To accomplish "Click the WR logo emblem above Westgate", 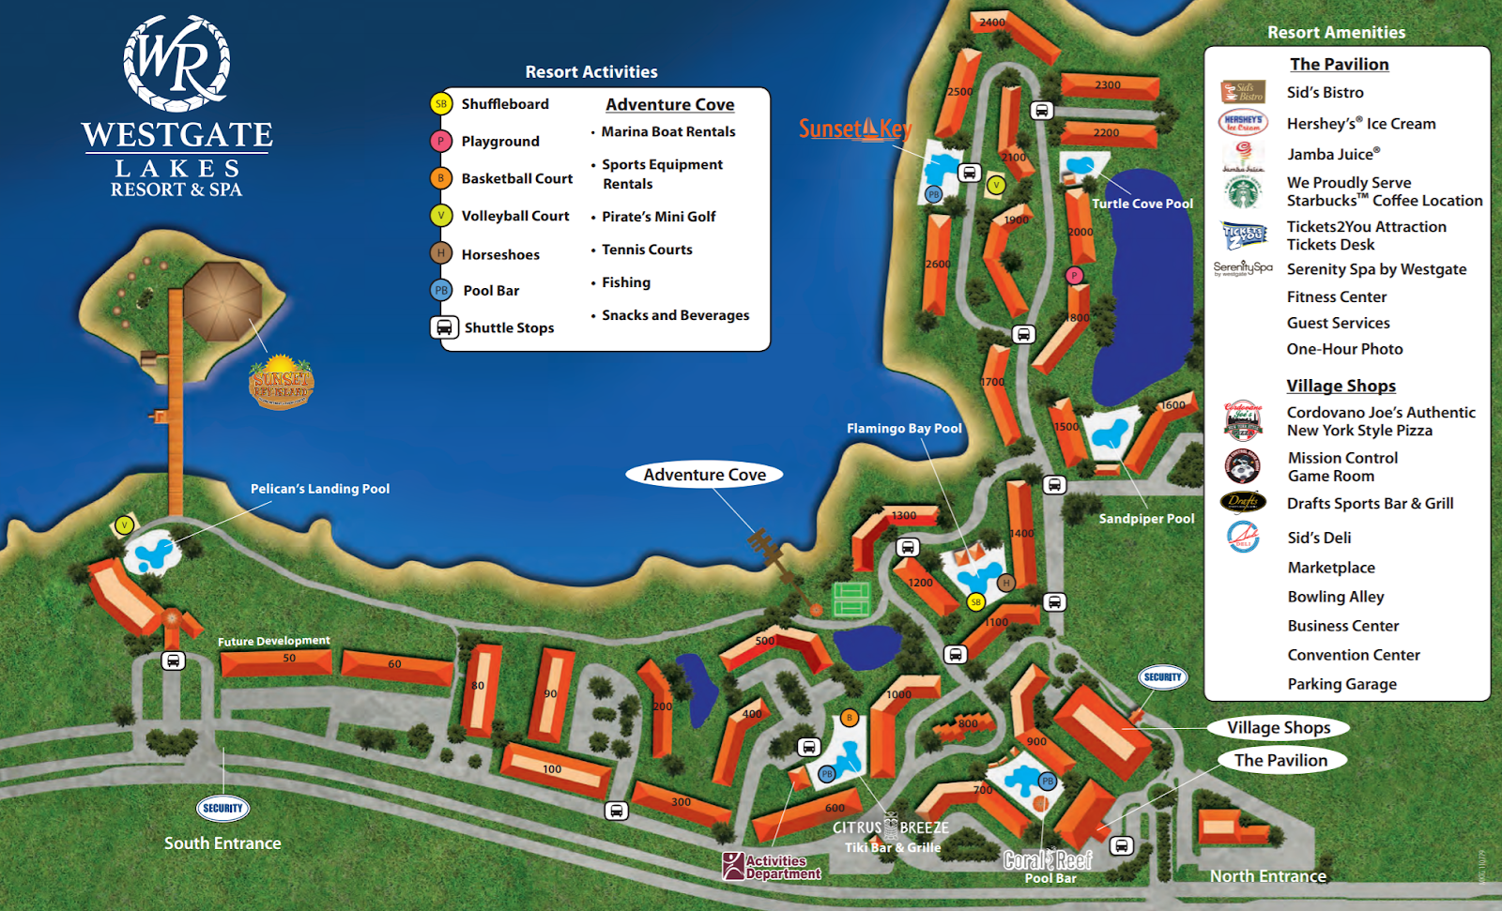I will tap(176, 63).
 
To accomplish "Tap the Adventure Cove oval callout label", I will tap(704, 475).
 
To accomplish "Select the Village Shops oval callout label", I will tap(1278, 727).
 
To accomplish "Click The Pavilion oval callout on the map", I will tap(1280, 760).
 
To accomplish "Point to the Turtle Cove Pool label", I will tap(1142, 204).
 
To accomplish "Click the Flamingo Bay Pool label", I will tap(904, 428).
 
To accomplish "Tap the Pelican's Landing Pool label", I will tap(319, 489).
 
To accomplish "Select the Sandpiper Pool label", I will tap(1146, 518).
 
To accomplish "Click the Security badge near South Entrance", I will tap(222, 808).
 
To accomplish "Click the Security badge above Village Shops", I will tap(1162, 676).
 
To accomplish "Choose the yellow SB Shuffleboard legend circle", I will tap(441, 104).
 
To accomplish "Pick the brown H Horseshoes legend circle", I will tap(441, 253).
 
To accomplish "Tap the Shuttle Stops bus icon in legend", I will tap(443, 327).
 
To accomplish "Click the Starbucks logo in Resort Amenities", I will tap(1244, 192).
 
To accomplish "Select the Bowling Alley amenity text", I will tap(1335, 597).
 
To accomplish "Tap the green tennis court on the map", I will tap(851, 598).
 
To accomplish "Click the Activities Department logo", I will tap(771, 866).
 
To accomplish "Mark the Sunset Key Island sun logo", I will tap(281, 382).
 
